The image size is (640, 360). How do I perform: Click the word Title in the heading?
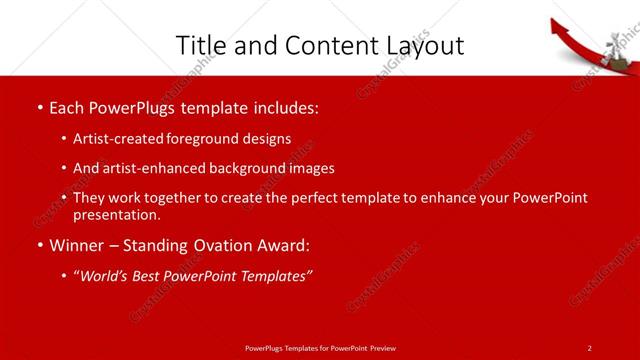[200, 45]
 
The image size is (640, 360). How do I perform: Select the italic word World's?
[105, 276]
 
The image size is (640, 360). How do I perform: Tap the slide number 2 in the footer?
[589, 347]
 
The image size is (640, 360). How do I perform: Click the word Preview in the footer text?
[381, 347]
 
